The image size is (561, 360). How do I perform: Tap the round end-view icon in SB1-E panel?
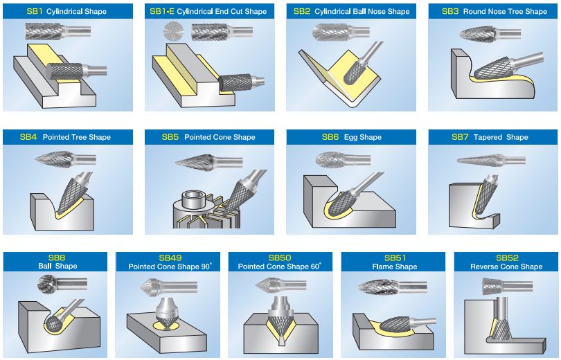click(173, 30)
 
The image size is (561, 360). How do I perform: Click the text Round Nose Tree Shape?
click(505, 11)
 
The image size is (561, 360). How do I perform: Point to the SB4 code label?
click(28, 137)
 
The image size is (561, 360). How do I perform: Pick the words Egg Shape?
click(361, 137)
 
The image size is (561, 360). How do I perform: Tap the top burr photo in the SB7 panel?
click(488, 161)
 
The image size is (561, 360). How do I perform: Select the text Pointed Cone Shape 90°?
click(169, 267)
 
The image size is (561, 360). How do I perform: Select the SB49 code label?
click(169, 258)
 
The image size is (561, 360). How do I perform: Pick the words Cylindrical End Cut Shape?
click(222, 11)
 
